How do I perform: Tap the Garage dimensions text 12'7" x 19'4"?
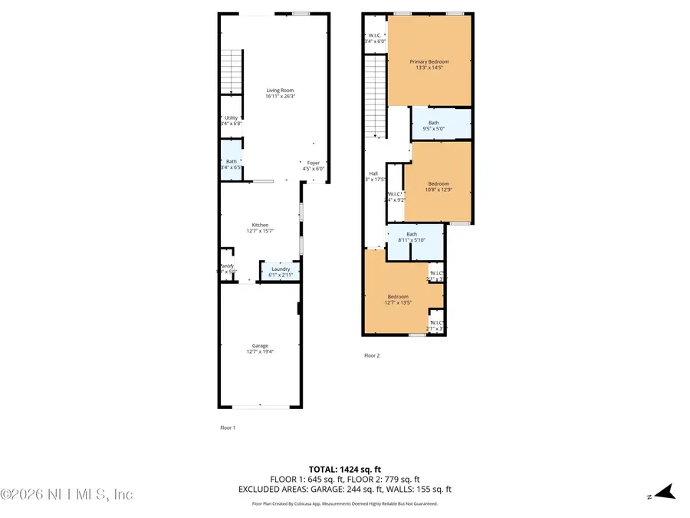260,352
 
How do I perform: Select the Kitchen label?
260,225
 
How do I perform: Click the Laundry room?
281,271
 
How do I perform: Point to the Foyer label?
313,163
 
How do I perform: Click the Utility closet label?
231,118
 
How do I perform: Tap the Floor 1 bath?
231,163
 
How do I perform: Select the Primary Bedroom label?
429,62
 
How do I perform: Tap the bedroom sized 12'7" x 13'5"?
397,299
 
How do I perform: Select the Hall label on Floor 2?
373,173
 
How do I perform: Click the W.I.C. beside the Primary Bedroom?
375,37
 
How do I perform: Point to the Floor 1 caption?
227,427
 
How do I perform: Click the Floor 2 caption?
372,355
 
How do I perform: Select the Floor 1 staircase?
232,72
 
